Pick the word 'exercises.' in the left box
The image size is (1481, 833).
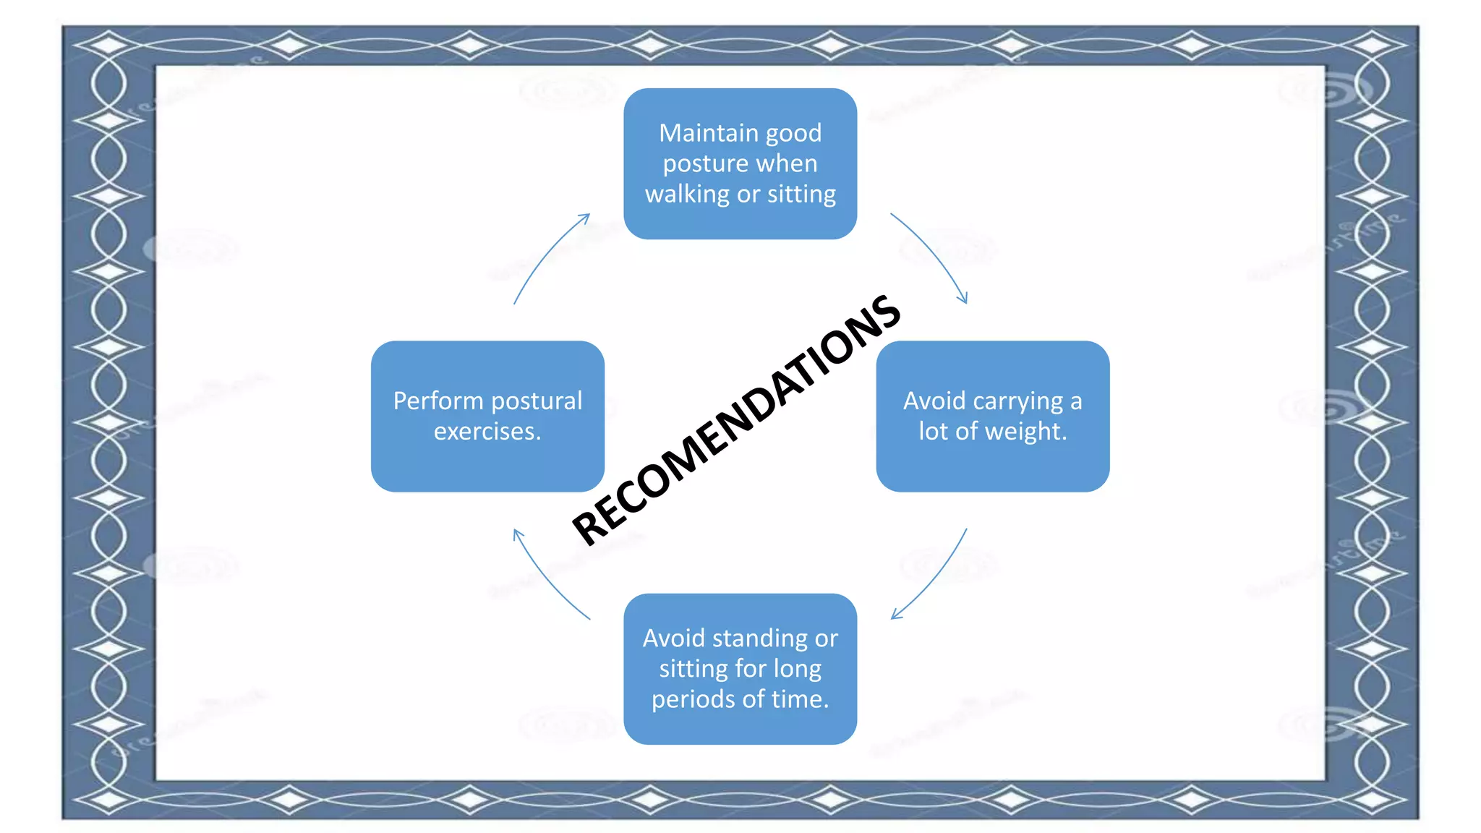pyautogui.click(x=487, y=432)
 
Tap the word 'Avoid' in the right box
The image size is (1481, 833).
pyautogui.click(x=934, y=401)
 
